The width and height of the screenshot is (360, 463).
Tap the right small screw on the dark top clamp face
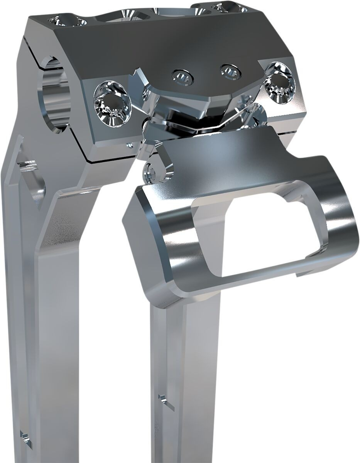click(229, 71)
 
